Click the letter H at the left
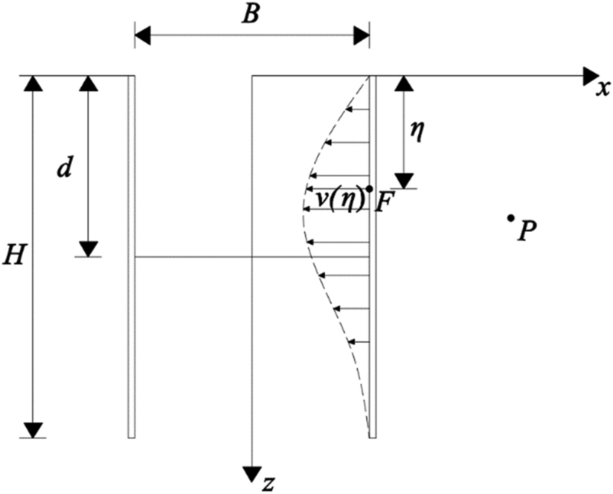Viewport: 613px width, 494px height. coord(13,256)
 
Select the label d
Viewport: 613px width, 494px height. coord(65,168)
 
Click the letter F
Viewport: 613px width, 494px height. coord(383,202)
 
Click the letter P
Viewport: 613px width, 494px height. coord(527,231)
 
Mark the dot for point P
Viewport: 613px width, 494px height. coord(510,217)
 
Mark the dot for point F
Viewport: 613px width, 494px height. coord(370,189)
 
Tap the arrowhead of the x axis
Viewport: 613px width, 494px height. coord(592,75)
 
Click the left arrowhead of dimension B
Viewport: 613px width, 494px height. coord(142,34)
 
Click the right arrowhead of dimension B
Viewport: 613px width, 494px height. coord(362,34)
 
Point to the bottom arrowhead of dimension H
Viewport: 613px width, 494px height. coord(32,430)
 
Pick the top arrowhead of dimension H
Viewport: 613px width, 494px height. coord(32,83)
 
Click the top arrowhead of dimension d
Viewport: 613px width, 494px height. coord(89,83)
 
